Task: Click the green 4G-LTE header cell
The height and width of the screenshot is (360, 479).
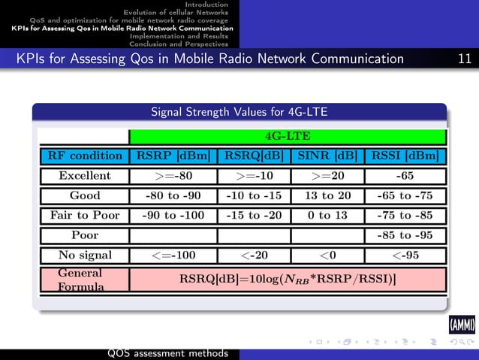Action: click(x=288, y=137)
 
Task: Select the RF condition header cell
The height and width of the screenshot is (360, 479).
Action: click(x=85, y=156)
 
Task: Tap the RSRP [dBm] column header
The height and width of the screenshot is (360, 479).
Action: click(x=173, y=156)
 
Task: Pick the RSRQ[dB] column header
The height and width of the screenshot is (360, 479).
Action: click(x=254, y=156)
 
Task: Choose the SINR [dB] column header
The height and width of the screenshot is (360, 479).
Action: click(x=327, y=156)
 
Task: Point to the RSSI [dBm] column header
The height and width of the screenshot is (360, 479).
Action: click(x=405, y=156)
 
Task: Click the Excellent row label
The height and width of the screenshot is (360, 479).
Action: click(x=85, y=176)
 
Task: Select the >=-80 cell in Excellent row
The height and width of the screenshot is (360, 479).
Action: click(x=173, y=176)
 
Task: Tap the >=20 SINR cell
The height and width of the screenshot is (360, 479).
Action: click(x=327, y=176)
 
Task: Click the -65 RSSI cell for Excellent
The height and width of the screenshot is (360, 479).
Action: click(x=405, y=176)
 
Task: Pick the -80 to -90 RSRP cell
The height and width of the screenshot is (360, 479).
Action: click(x=173, y=195)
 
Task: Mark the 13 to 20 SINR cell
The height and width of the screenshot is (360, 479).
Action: click(x=327, y=195)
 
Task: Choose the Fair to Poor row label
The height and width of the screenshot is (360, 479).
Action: click(x=85, y=215)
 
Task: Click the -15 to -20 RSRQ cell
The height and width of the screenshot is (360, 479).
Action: click(x=254, y=215)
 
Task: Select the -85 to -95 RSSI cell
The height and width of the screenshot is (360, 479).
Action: click(x=405, y=234)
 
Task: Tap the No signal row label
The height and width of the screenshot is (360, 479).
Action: click(x=85, y=254)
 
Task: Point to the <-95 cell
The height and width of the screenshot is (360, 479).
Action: click(x=405, y=254)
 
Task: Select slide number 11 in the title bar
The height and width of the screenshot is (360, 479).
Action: click(x=465, y=59)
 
